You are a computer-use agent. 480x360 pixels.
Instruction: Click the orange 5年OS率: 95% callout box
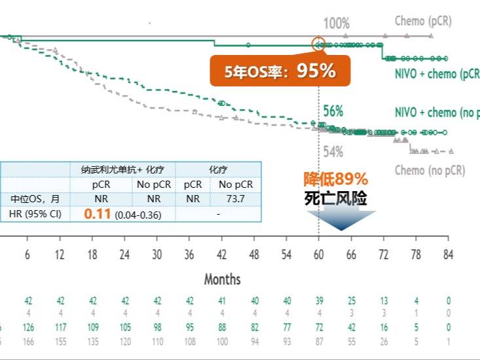280,71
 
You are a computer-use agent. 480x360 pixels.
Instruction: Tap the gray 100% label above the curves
337,24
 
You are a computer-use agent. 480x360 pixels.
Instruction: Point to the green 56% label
333,111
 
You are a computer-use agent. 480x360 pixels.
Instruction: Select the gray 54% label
333,152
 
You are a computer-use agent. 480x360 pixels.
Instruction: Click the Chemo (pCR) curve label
423,21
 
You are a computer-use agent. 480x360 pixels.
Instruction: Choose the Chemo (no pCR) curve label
430,170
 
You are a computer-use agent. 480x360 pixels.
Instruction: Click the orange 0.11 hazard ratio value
98,213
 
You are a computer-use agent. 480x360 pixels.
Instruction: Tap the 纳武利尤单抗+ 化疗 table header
122,169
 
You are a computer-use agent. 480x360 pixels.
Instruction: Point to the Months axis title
222,279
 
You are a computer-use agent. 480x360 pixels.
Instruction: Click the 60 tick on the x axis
319,255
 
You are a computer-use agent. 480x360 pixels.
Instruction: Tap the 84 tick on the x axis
447,255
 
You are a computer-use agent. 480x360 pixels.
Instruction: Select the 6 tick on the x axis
28,255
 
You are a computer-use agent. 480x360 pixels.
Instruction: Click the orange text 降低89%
335,179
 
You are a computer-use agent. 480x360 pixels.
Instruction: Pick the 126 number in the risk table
28,327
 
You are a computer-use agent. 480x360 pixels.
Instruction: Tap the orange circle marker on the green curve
318,45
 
